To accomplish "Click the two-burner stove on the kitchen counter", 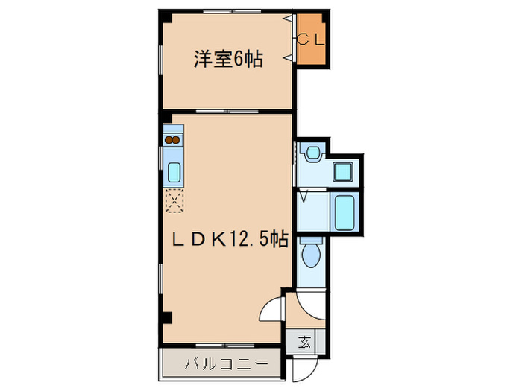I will pos(172,139).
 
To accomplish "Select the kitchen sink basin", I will pos(174,172).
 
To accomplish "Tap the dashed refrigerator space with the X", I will pos(173,199).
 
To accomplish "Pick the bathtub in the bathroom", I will pos(344,212).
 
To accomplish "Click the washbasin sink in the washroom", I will pos(312,154).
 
